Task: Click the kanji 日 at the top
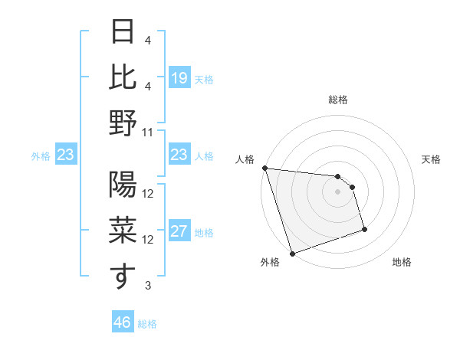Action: (x=123, y=32)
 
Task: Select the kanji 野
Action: (x=123, y=122)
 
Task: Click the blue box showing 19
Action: (x=179, y=77)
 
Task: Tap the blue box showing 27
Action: (x=179, y=232)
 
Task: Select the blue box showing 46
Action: (x=123, y=322)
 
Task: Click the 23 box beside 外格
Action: (x=66, y=155)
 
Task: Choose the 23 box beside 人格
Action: (x=179, y=155)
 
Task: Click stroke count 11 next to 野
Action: (x=148, y=132)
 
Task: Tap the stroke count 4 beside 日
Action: (x=148, y=40)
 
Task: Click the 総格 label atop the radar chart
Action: (x=337, y=100)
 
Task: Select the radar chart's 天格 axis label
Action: (x=431, y=159)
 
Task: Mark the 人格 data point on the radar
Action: (x=264, y=168)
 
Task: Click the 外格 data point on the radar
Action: (x=292, y=254)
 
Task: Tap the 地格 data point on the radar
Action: (x=364, y=229)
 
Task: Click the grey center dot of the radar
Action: (x=337, y=191)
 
